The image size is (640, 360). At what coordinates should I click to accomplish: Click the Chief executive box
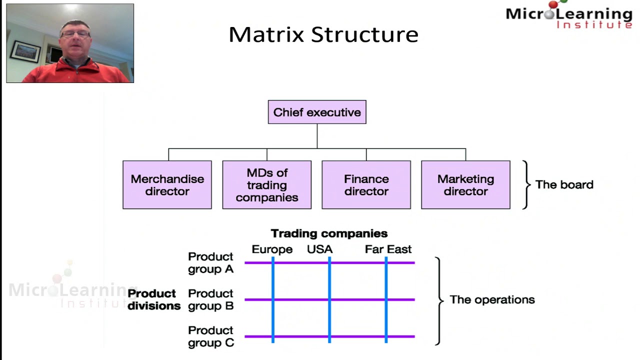coord(317,112)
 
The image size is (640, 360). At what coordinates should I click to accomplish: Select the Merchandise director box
coord(167,185)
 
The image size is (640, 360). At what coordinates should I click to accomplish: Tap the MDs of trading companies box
coord(266,185)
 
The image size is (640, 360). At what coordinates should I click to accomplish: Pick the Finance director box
coord(366,185)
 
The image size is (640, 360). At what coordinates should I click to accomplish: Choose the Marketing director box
coord(465,185)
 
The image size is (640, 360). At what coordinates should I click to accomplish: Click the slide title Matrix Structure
coord(323,34)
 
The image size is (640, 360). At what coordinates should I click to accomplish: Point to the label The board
coord(564,184)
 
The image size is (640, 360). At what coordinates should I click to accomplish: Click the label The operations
coord(492,299)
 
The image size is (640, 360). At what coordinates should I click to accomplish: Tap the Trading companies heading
coord(329,233)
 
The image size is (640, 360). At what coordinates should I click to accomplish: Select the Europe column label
coord(272,249)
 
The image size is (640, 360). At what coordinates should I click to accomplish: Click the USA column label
coord(319,249)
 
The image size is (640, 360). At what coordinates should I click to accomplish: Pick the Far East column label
coord(388,249)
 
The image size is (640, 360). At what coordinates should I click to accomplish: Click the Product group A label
coord(210,263)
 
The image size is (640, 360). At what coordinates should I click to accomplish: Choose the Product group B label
coord(210,299)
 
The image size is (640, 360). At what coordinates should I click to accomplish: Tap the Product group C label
coord(210,336)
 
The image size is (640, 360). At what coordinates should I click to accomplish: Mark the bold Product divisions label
coord(153,299)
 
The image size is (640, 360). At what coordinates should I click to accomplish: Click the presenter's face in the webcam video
coord(75,38)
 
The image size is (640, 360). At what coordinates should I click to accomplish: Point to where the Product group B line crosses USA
coord(329,299)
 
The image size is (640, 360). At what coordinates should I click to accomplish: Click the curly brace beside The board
coord(525,184)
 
